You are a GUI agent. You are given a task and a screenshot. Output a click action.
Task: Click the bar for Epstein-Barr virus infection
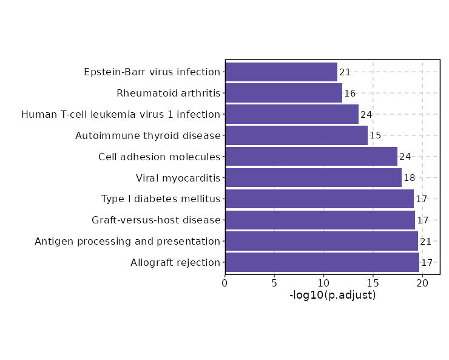coord(281,72)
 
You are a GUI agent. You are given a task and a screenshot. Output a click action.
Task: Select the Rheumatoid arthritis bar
coord(283,93)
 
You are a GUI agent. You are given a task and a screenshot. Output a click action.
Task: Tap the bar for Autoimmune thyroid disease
coord(296,135)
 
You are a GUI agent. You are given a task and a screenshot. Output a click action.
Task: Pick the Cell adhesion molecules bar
coord(311,157)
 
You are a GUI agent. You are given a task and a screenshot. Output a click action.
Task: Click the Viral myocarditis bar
coord(313,178)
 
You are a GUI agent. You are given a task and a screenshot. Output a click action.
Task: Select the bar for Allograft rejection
coord(322,263)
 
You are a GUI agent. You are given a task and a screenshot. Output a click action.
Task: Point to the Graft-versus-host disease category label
coord(156,220)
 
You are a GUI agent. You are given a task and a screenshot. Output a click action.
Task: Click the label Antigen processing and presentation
coord(127,242)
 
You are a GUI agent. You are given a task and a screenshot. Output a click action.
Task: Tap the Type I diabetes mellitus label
coord(161,199)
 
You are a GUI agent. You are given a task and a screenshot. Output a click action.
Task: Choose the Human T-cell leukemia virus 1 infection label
coord(121,115)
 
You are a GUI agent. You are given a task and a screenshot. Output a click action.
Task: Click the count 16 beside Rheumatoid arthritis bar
coord(349,93)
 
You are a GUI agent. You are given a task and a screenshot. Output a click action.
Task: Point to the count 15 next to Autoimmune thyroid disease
coord(375,135)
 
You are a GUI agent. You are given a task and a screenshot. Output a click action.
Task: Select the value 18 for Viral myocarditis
coord(410,178)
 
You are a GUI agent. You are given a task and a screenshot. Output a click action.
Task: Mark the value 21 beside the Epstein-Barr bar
coord(345,72)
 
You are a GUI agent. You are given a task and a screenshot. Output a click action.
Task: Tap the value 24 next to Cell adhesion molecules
coord(405,157)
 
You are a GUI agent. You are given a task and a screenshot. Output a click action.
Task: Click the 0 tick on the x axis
coord(225,282)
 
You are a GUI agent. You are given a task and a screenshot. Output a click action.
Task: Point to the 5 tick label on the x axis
coord(274,282)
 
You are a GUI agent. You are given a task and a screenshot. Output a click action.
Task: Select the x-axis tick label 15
coord(373,282)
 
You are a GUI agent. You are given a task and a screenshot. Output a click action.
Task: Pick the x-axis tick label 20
coord(422,282)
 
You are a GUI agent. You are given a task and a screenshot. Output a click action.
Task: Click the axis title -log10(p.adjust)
coord(333,296)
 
